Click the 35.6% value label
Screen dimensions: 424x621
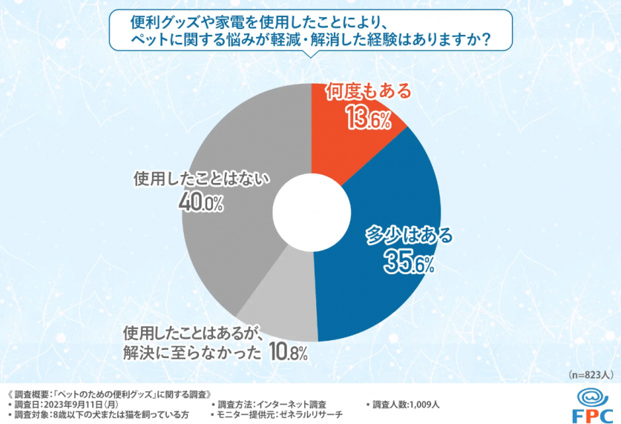409,261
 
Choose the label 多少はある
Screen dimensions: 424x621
409,236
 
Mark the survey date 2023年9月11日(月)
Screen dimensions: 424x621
82,405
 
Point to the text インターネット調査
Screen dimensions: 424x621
289,405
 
